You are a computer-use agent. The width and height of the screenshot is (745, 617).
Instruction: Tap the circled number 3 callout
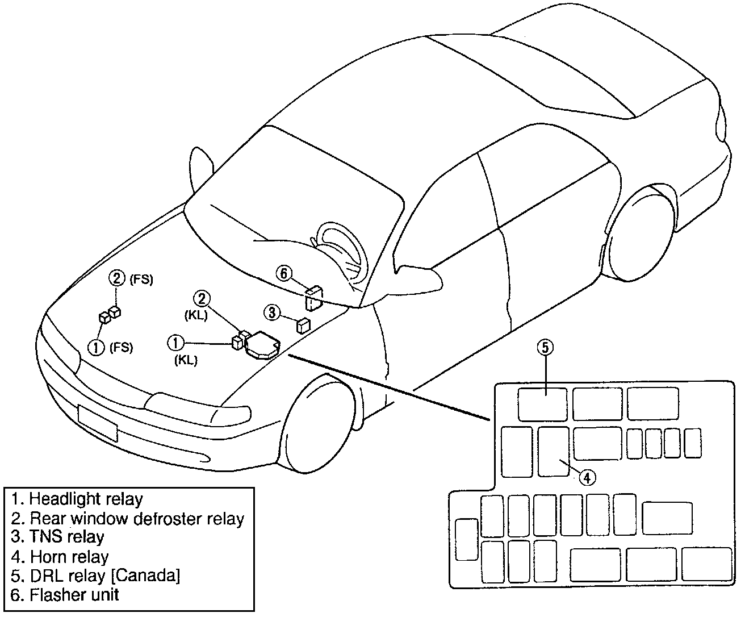tap(273, 312)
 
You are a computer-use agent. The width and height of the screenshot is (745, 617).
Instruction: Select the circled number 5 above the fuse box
tap(545, 348)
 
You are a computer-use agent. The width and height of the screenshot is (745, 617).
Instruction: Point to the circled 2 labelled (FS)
tap(116, 278)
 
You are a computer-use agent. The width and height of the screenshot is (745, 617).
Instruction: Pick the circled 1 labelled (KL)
tap(175, 343)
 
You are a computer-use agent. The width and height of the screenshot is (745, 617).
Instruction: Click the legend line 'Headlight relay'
tap(77, 499)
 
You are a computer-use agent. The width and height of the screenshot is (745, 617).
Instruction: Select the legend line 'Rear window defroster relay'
tap(128, 518)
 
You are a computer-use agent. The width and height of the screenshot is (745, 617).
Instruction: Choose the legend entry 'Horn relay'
tap(60, 557)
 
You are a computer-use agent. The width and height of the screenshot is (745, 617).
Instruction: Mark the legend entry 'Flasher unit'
tap(65, 595)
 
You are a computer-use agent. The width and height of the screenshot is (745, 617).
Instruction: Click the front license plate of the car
tap(97, 423)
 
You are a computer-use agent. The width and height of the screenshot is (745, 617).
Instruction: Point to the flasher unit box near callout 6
tap(314, 298)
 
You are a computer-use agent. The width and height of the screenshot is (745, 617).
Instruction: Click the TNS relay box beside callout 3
tap(303, 326)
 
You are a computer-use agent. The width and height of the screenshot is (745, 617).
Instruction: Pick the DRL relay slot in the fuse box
tap(542, 404)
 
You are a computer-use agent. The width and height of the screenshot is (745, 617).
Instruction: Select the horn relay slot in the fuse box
tap(553, 452)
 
